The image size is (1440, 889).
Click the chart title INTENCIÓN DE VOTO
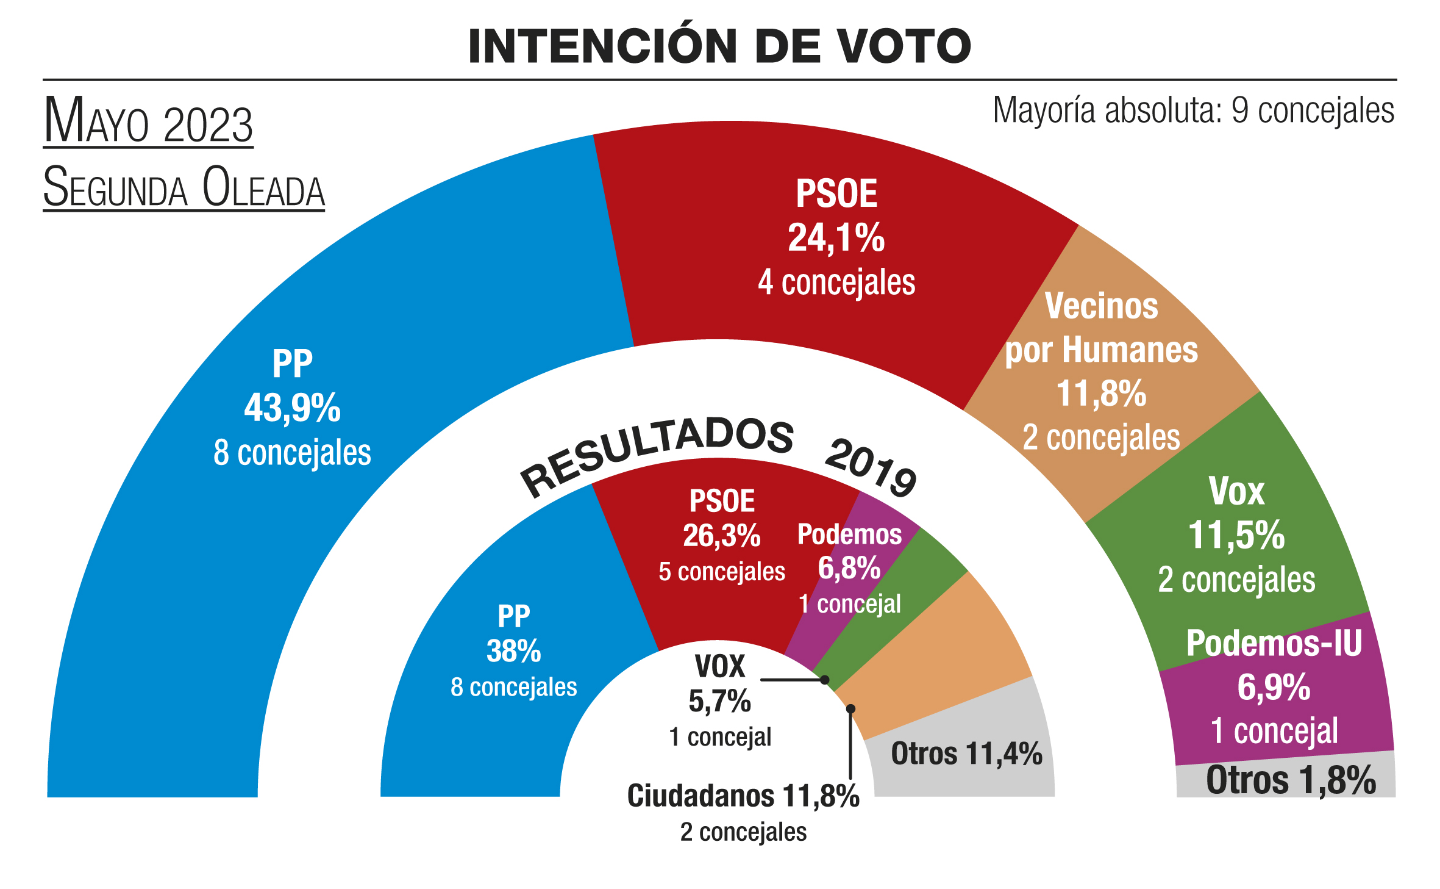[x=719, y=46]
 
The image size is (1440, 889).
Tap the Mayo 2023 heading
[x=148, y=122]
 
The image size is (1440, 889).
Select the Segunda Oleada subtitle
[x=184, y=188]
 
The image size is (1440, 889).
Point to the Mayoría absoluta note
[x=1193, y=111]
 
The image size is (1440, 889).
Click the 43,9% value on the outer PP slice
[x=292, y=408]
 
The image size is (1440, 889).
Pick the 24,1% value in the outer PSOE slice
[x=836, y=237]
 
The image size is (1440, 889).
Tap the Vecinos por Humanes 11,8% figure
[x=1101, y=393]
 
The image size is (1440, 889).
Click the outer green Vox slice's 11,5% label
[x=1236, y=535]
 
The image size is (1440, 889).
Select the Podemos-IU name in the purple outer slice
[x=1274, y=643]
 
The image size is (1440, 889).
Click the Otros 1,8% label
[x=1291, y=780]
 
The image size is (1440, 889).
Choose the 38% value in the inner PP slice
[x=513, y=651]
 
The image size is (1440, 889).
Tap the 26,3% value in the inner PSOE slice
[x=722, y=536]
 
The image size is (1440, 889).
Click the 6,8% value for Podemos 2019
[x=849, y=568]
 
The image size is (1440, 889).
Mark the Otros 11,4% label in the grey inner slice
[x=966, y=754]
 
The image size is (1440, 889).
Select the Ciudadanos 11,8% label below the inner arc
[x=743, y=796]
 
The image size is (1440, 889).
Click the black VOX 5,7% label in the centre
[x=720, y=700]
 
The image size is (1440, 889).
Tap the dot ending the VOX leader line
[x=824, y=680]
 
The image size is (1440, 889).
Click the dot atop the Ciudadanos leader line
[x=850, y=708]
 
